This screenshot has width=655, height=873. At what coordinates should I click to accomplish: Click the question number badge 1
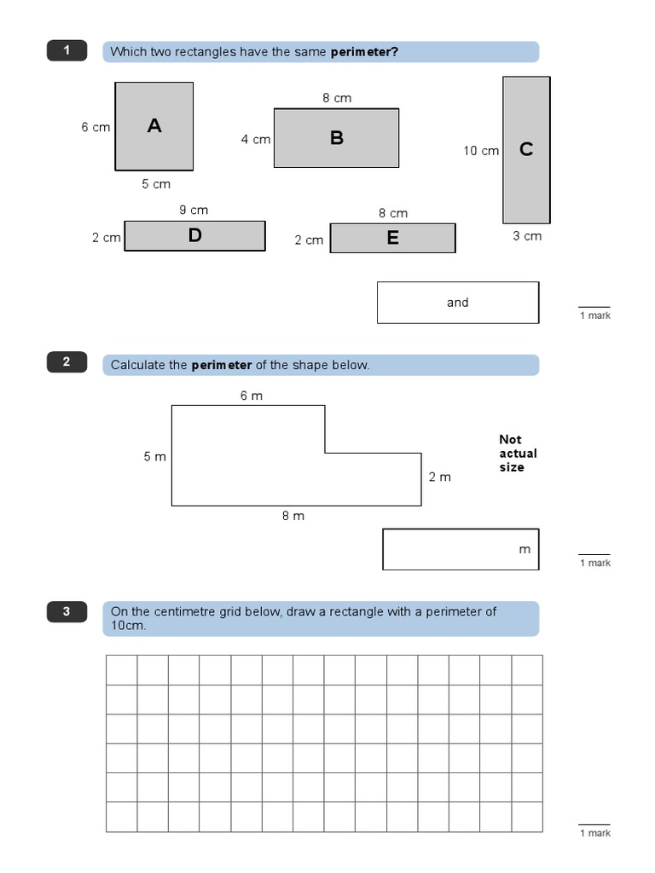tap(67, 51)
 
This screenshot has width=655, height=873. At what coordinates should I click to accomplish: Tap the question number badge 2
tap(67, 363)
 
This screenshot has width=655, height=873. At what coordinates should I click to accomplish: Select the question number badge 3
tap(67, 611)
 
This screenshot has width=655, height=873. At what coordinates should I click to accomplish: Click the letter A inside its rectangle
tap(154, 126)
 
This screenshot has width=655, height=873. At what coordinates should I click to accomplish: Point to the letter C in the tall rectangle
tap(526, 149)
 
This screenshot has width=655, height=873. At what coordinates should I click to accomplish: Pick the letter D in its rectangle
tap(195, 236)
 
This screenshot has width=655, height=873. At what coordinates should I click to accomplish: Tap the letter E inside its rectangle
tap(392, 239)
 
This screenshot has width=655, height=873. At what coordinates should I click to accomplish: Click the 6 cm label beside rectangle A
tap(96, 127)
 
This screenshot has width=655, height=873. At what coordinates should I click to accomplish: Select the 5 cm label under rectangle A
tap(156, 184)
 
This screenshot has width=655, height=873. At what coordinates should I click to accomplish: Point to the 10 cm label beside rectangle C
tap(481, 151)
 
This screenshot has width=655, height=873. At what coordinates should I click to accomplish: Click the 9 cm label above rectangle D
tap(194, 210)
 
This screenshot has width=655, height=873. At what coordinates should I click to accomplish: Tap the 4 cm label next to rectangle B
tap(255, 139)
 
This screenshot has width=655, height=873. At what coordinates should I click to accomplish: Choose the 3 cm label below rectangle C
tap(527, 236)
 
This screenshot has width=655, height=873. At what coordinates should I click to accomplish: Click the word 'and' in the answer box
tap(458, 303)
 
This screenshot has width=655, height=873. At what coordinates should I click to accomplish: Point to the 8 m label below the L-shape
tap(293, 516)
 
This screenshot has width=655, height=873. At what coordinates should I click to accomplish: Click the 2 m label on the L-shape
tap(440, 477)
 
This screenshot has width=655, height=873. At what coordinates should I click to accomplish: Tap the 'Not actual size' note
tap(518, 454)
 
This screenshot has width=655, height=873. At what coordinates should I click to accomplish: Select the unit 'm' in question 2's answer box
tap(525, 550)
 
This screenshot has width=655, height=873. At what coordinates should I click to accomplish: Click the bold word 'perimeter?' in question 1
tap(364, 52)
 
